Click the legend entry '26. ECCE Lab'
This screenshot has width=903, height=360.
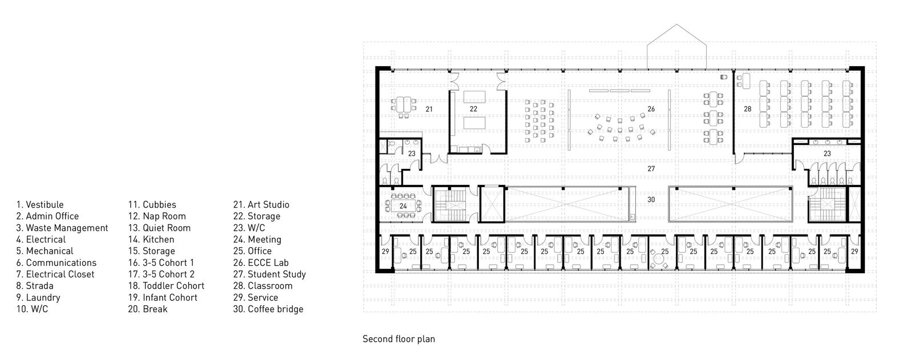261,263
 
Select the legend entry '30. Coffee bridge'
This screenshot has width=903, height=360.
268,309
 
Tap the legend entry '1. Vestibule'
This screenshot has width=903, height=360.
40,205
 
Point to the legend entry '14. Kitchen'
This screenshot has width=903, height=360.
151,240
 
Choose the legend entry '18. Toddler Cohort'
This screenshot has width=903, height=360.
166,286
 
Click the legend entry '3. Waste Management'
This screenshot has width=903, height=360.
62,228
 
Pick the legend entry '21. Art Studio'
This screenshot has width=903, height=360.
261,205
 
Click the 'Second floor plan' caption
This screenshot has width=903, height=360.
398,339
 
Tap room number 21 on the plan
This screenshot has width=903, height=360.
429,109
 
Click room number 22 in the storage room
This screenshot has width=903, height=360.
473,109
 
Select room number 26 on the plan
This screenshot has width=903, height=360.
651,109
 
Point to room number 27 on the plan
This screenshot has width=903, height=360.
651,169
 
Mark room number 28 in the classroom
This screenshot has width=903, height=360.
747,109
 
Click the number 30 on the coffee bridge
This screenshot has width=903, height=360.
651,200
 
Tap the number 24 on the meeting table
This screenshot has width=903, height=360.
403,206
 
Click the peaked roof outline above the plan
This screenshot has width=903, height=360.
677,25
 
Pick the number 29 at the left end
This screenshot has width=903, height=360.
385,252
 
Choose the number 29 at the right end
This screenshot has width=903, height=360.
854,252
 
